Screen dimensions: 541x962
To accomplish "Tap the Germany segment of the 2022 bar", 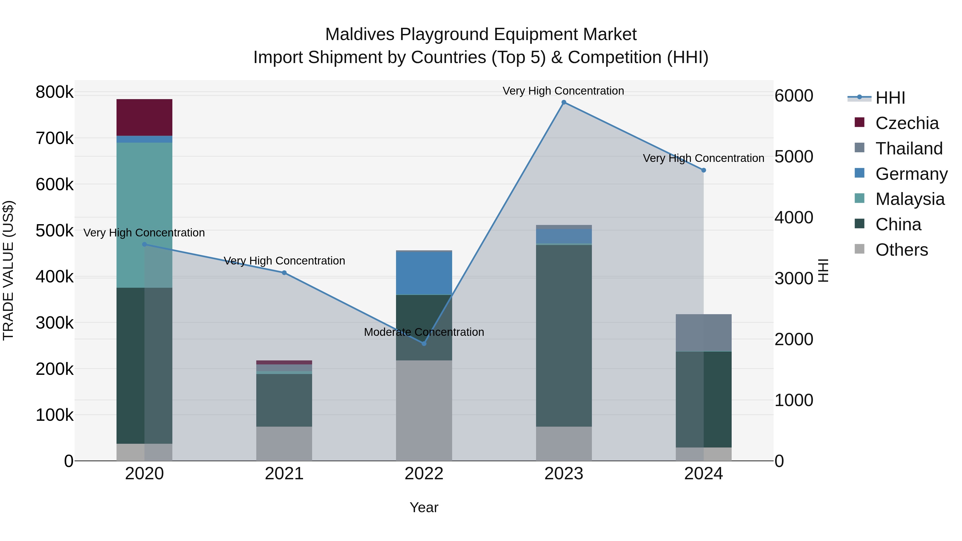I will tap(424, 273).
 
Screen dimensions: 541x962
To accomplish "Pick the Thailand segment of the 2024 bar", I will tap(704, 332).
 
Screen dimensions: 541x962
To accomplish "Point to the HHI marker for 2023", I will tap(564, 102).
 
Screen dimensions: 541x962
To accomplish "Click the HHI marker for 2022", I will tap(424, 343).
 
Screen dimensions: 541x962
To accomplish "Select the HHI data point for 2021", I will tap(284, 273).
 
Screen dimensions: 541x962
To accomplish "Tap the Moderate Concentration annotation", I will tap(424, 332).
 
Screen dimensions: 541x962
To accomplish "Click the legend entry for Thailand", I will tap(909, 149).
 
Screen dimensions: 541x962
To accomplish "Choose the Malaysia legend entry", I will tap(910, 199).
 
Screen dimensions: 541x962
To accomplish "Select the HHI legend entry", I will tap(890, 98).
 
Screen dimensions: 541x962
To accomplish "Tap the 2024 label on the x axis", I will tap(704, 474).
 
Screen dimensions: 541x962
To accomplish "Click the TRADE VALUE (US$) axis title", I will tap(8, 270).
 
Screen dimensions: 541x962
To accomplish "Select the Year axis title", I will tap(424, 507).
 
